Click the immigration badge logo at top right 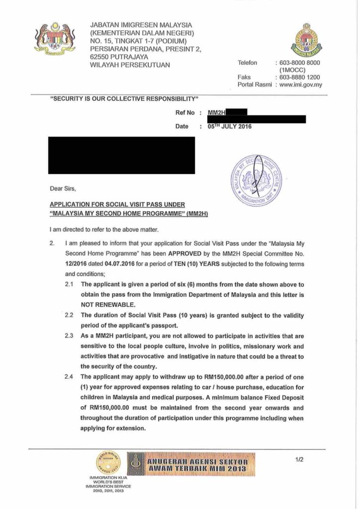click(306, 39)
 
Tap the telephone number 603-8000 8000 click(299, 63)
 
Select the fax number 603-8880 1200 click(299, 77)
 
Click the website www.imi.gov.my click(300, 85)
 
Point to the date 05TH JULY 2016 click(230, 126)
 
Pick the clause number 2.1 click(69, 285)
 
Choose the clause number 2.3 click(69, 337)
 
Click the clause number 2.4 click(69, 377)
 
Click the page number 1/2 click(299, 460)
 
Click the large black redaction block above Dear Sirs click(121, 155)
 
